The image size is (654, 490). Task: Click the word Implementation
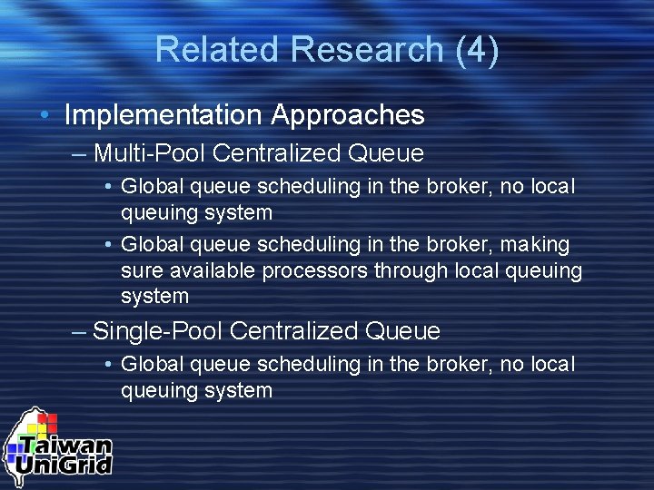[x=163, y=115]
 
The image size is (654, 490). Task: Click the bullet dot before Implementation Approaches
[x=45, y=115]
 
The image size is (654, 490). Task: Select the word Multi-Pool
[x=149, y=153]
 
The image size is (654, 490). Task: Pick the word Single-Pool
[x=158, y=331]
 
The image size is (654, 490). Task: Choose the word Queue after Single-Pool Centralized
[x=402, y=331]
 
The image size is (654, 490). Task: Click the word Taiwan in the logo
[x=66, y=446]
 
